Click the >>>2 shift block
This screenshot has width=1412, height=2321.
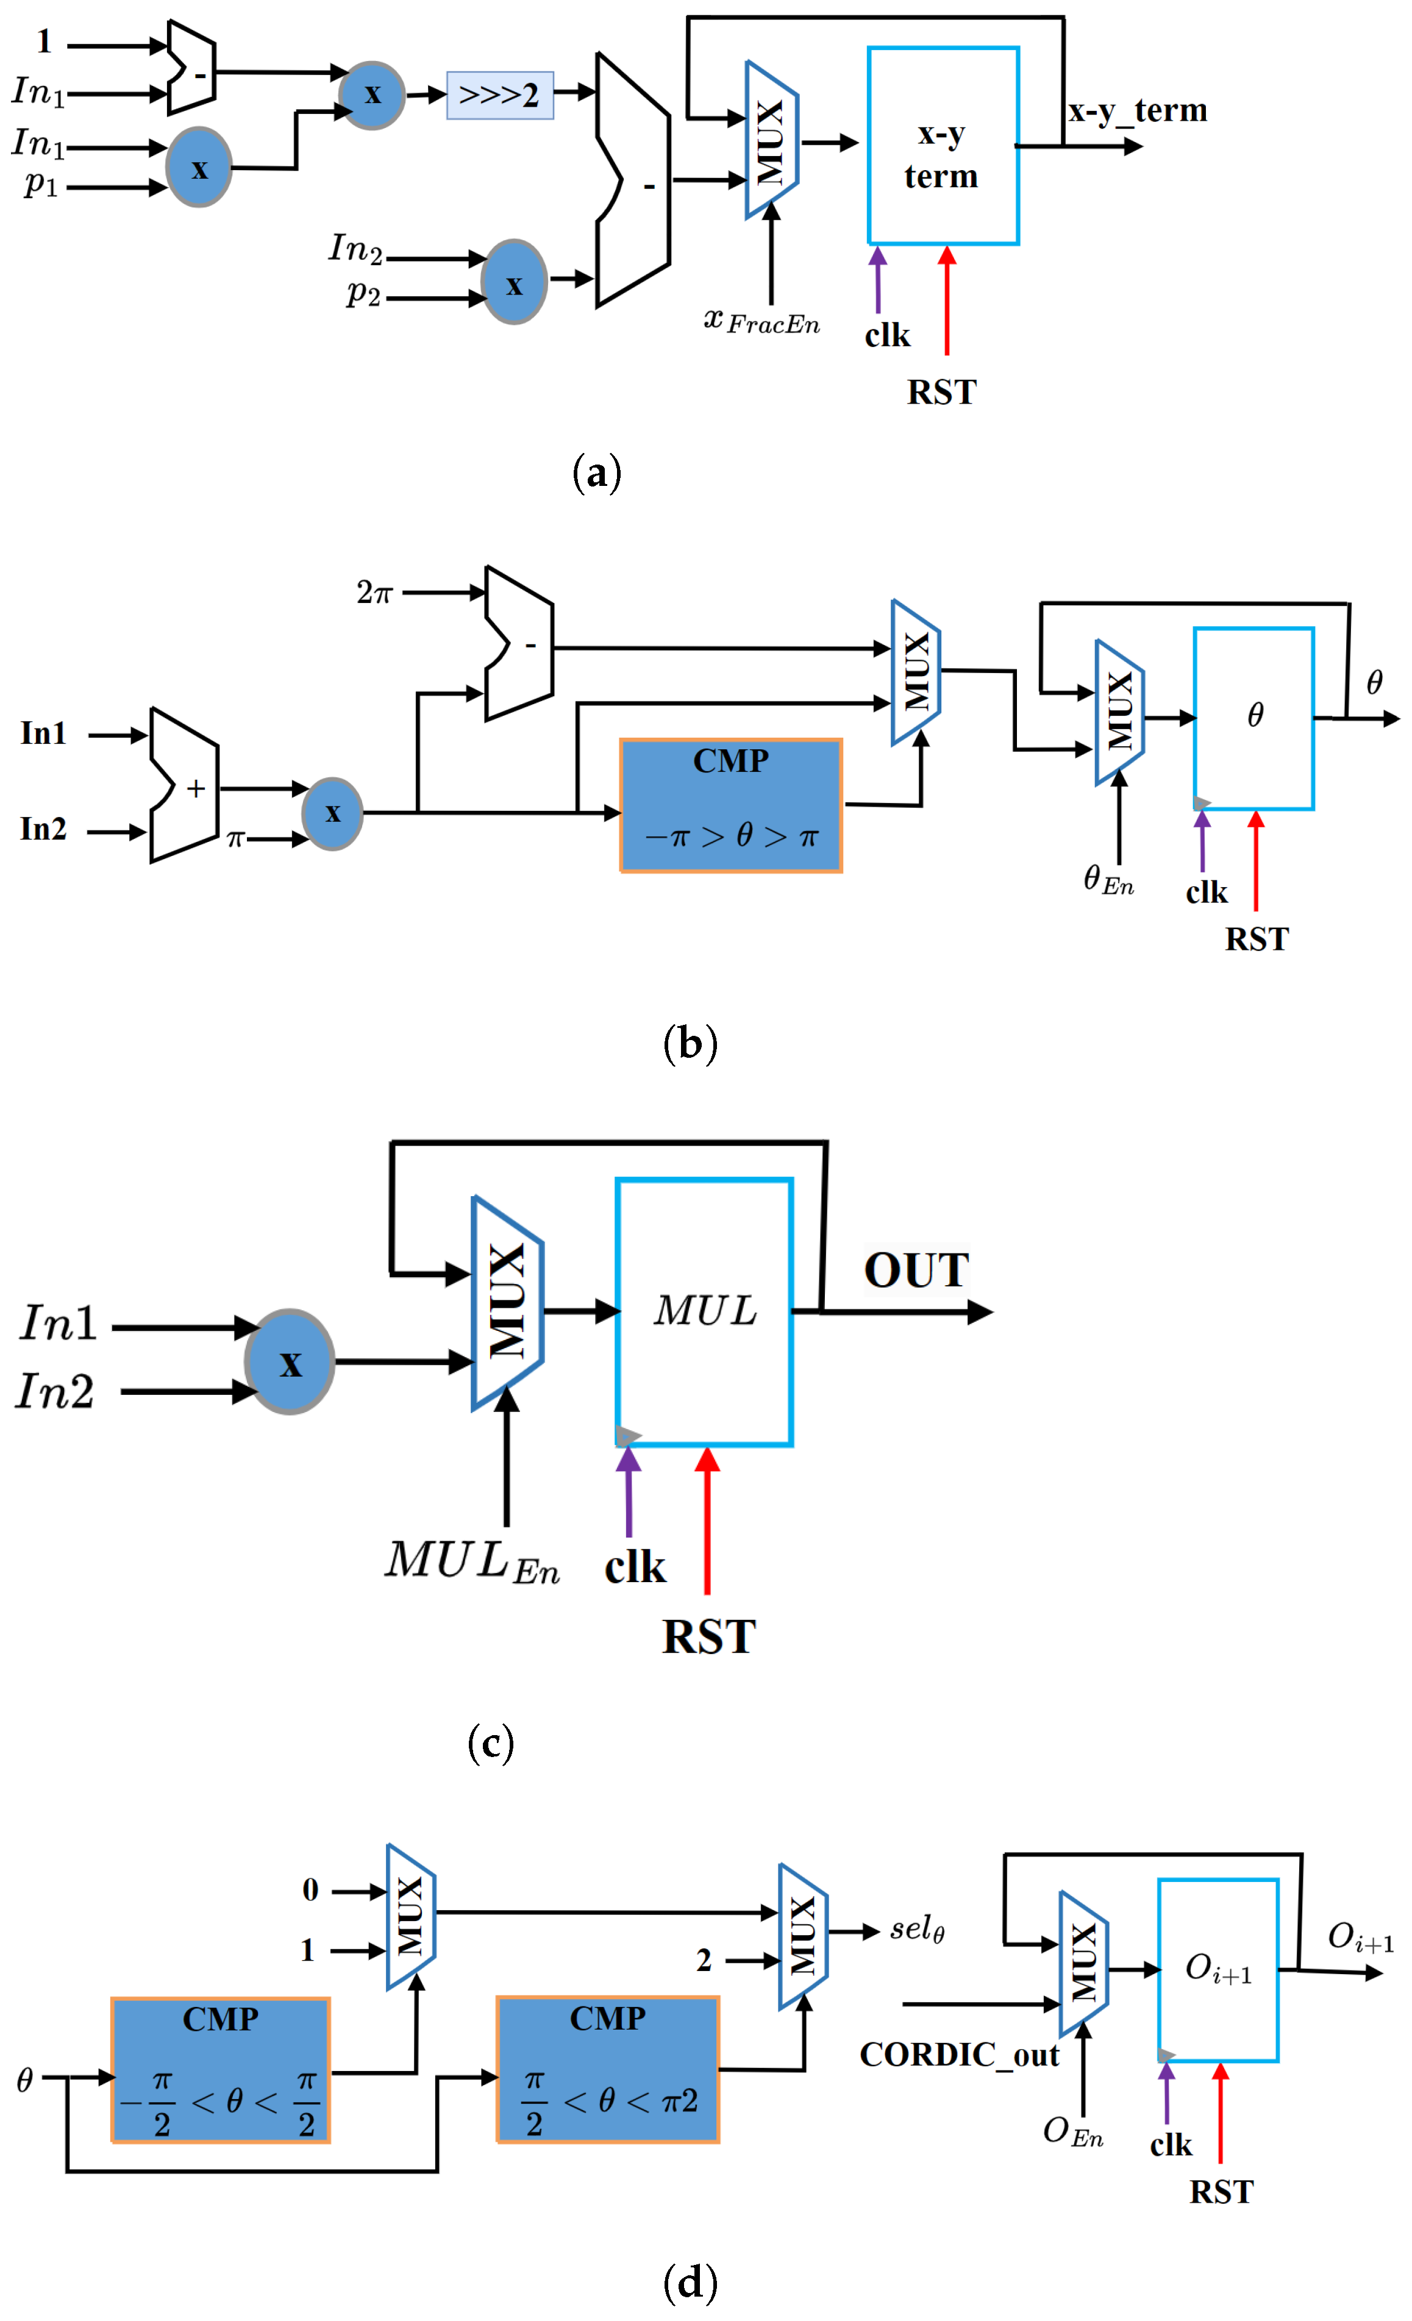point(499,95)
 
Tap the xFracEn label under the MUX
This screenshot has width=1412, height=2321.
point(761,322)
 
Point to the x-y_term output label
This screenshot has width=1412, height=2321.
point(1137,111)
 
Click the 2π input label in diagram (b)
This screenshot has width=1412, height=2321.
point(374,593)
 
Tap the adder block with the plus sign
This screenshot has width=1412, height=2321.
point(185,786)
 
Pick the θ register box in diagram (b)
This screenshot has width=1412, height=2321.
point(1253,719)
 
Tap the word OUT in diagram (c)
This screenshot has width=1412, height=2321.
point(916,1271)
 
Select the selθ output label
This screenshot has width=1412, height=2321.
point(916,1930)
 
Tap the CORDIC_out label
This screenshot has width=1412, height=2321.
point(959,2055)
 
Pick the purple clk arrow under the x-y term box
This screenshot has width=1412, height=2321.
point(878,280)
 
